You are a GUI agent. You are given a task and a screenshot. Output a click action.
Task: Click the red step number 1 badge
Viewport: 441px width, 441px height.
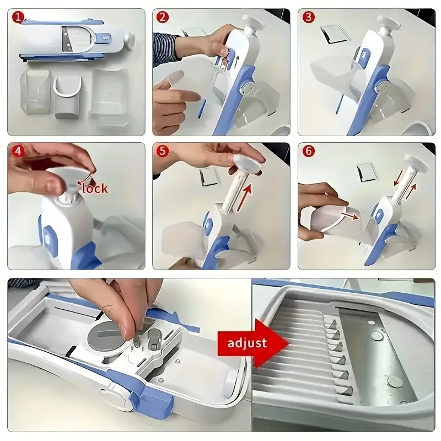coord(18,17)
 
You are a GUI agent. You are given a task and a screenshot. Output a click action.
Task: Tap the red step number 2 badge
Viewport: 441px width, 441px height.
coord(163,17)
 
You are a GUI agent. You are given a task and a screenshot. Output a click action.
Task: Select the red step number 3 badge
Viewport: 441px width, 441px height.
coord(308,17)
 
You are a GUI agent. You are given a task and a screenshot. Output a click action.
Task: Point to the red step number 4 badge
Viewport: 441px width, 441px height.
coord(18,150)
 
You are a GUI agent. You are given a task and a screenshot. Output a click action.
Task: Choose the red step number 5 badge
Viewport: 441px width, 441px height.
coord(163,150)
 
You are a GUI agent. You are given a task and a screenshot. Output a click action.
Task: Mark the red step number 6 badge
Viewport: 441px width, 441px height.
coord(308,150)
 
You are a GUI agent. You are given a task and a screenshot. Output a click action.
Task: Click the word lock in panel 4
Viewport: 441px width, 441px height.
coord(95,188)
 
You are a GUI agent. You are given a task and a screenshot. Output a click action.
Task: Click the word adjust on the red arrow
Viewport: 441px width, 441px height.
coord(247,343)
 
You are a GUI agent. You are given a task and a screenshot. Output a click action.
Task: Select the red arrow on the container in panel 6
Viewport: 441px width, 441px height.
coord(351,215)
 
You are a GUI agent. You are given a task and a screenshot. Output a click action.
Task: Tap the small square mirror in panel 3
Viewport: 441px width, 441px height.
coord(334,34)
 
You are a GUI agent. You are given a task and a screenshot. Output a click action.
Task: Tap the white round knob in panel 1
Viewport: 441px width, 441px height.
coord(130,40)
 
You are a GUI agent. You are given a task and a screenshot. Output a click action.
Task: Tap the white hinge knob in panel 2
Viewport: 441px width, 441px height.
coord(246,89)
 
